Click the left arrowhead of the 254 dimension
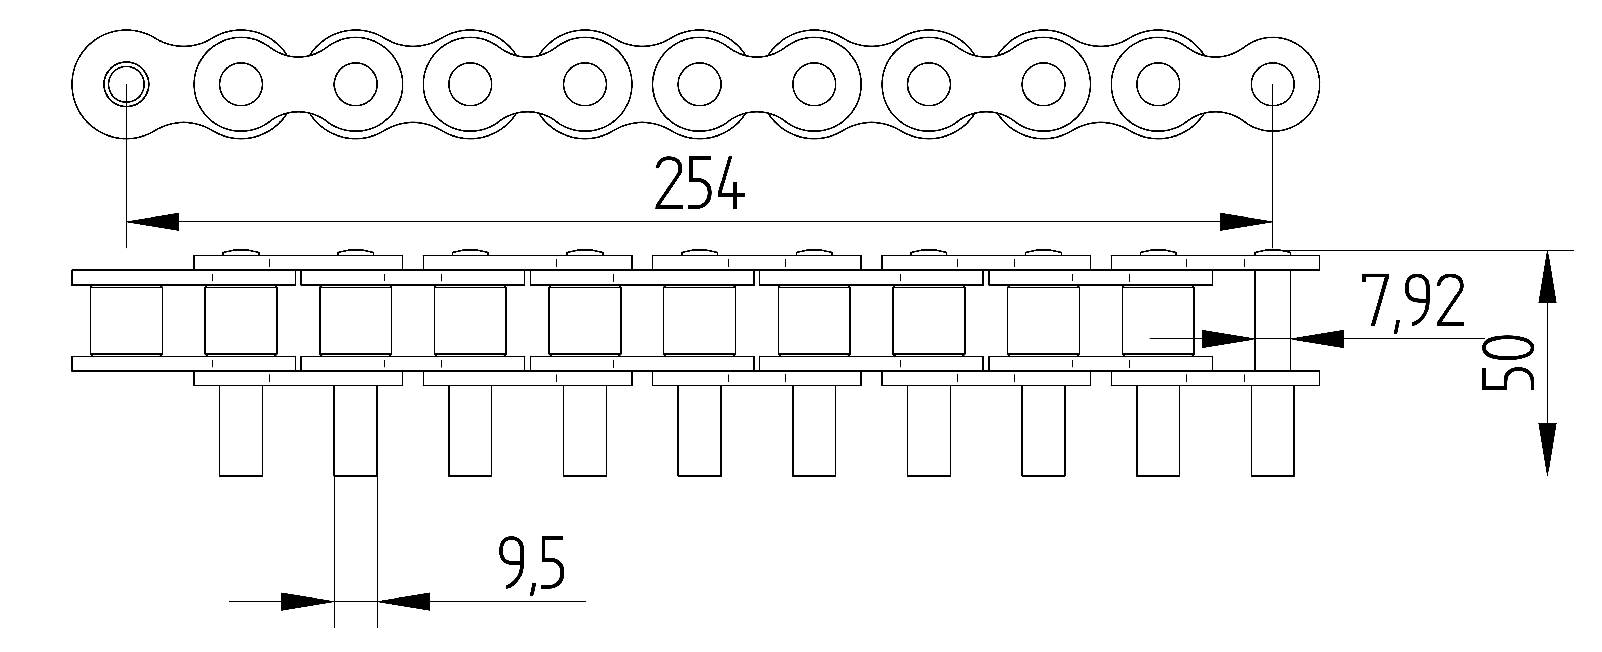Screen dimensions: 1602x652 click(152, 222)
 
